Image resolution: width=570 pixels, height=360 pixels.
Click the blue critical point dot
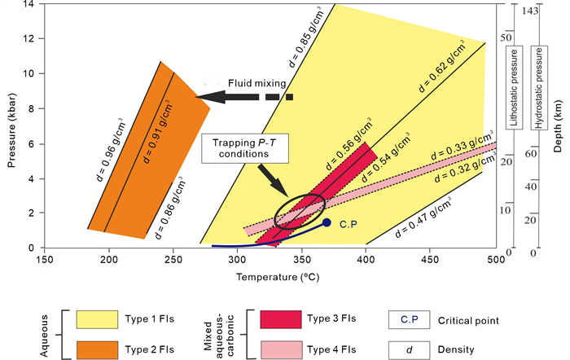click(x=327, y=222)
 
